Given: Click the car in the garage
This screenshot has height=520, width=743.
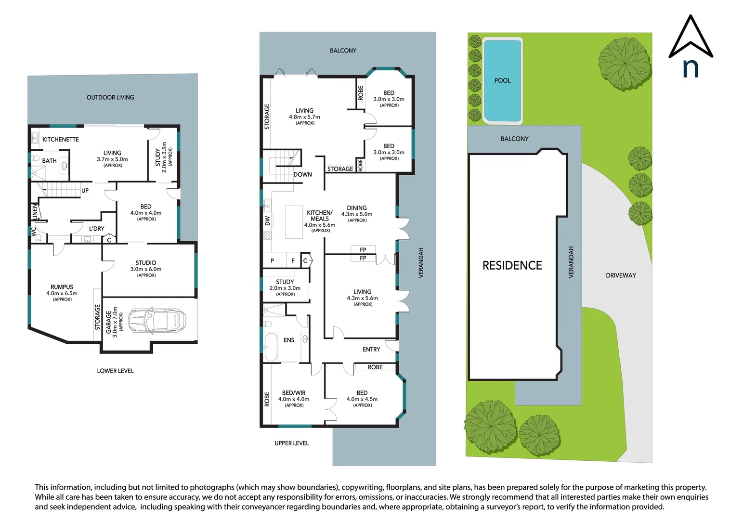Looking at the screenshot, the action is point(157,320).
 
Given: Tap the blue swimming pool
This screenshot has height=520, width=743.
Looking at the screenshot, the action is point(503,80).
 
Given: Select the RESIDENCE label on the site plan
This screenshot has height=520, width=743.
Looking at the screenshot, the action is point(512,265).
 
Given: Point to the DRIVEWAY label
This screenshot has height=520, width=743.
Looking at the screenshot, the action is point(621,275).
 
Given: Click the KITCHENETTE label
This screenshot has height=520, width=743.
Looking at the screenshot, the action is point(61,139).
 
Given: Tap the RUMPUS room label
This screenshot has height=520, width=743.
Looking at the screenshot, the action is point(62,287).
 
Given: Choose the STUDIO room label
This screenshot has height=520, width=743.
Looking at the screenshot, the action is point(145,263).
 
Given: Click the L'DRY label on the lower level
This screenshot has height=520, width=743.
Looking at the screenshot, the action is point(96,229).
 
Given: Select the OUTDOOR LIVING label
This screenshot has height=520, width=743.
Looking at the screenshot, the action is point(110,97).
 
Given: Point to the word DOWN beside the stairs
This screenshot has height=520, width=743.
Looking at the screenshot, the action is point(302,174).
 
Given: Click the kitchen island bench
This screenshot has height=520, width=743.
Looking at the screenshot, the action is point(294,222).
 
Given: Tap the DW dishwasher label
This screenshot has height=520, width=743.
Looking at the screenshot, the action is point(268,221).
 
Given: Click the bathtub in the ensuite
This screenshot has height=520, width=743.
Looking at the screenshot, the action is point(271,347).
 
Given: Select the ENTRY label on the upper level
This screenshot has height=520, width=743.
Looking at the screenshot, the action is point(371,349).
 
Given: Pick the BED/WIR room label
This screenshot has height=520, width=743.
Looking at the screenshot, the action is point(294,393).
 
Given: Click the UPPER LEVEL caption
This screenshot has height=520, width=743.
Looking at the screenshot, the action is point(291,443).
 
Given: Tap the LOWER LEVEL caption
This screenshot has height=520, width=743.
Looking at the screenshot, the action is point(116,371).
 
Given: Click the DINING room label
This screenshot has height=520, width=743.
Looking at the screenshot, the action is point(357,208).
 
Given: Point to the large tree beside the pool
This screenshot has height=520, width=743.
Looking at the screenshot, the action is point(624,64).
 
